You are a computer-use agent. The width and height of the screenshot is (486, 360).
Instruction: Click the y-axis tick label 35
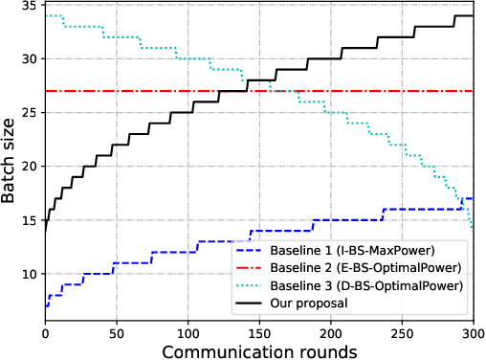click(x=29, y=6)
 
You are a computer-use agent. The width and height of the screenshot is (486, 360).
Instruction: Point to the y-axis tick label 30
click(x=29, y=59)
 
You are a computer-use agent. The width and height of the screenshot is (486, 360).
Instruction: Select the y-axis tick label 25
click(x=29, y=113)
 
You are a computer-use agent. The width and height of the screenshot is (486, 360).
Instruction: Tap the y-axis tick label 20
click(x=29, y=167)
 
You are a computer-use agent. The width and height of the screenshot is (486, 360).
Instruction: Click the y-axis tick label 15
click(x=29, y=220)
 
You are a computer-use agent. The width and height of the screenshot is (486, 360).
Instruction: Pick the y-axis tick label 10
click(x=29, y=274)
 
